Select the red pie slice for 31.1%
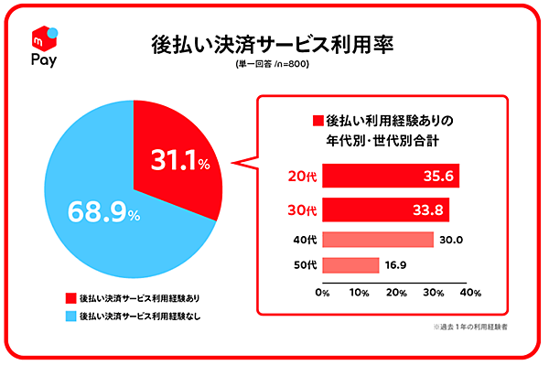pyautogui.click(x=174, y=165)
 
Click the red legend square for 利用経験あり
pyautogui.click(x=70, y=298)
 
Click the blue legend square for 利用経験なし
pyautogui.click(x=70, y=317)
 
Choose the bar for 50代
pyautogui.click(x=351, y=265)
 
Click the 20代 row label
pyautogui.click(x=298, y=177)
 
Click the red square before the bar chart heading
pyautogui.click(x=318, y=121)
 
